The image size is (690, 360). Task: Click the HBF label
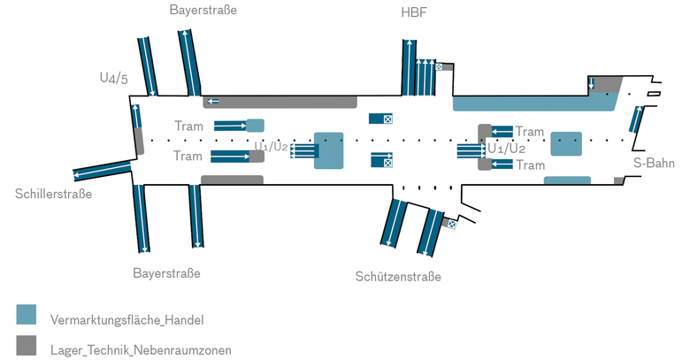click(x=412, y=12)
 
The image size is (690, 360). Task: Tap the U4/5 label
click(x=113, y=78)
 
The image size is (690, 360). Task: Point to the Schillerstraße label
click(x=53, y=194)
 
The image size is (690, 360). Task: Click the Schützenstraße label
click(x=397, y=277)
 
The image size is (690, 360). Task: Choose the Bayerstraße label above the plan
click(x=203, y=11)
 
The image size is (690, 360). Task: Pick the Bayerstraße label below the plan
click(x=166, y=272)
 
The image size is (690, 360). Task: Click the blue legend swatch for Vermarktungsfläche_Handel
click(x=27, y=315)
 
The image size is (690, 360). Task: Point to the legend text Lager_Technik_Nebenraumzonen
click(x=142, y=350)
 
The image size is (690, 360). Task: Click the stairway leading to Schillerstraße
click(x=103, y=170)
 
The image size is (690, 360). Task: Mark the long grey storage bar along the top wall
click(x=280, y=101)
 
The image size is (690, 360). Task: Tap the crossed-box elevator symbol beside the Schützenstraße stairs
click(x=451, y=225)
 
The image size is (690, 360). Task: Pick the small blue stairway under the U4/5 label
click(x=136, y=116)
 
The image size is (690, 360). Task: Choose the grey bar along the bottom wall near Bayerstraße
click(x=232, y=180)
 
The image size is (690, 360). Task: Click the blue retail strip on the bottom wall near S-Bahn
click(x=566, y=180)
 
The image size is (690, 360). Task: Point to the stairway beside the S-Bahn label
click(x=635, y=119)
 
